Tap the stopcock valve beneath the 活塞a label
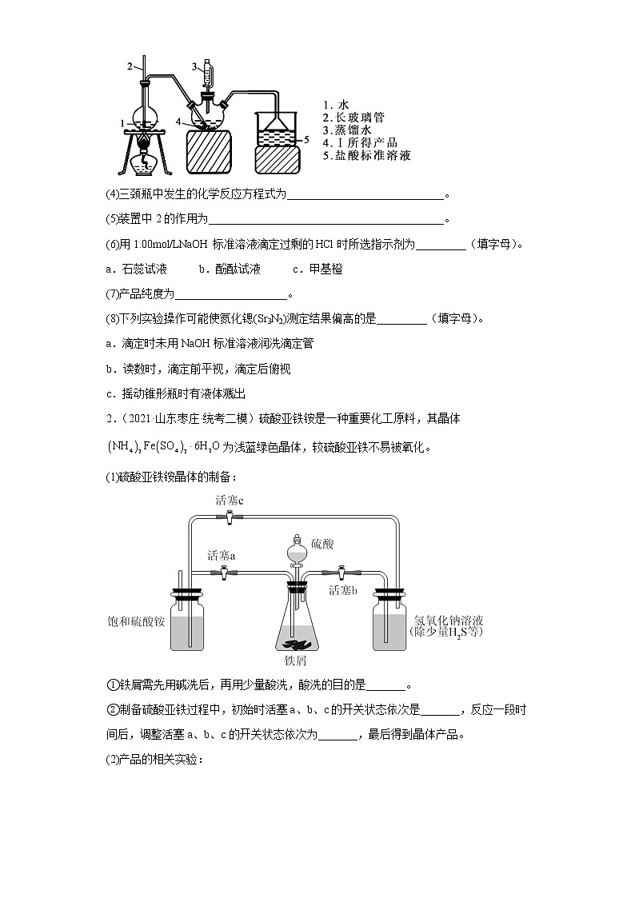tap(223, 572)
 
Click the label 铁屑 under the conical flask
tap(296, 662)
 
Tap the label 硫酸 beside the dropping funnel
tap(322, 545)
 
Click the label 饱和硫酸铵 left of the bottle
tap(136, 621)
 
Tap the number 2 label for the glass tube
tap(130, 66)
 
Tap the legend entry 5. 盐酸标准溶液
tap(367, 156)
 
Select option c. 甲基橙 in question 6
tap(317, 269)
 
